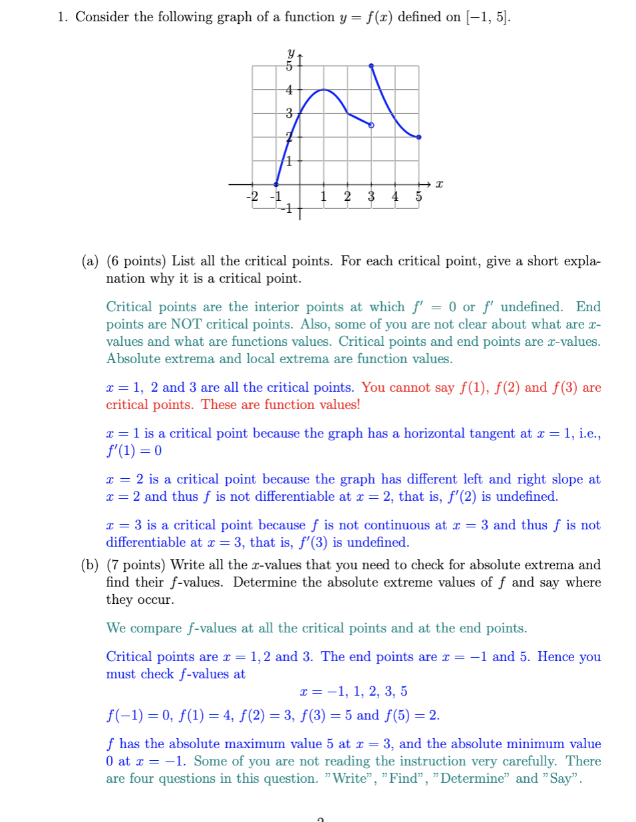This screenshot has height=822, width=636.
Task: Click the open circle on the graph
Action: [x=371, y=125]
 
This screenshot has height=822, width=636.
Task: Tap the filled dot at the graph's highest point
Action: [x=371, y=66]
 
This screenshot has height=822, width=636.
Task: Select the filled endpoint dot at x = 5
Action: [x=418, y=137]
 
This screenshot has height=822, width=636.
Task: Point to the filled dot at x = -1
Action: [x=277, y=184]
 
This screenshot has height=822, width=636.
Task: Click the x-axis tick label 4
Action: [x=395, y=196]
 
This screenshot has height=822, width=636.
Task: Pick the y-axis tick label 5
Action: [x=289, y=66]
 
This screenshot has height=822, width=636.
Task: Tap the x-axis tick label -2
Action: [x=252, y=196]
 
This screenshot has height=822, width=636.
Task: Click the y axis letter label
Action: [x=291, y=52]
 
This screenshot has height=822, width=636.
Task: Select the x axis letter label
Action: [x=439, y=184]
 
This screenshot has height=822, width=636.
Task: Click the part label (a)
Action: [x=90, y=261]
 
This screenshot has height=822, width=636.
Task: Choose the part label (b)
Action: [x=90, y=565]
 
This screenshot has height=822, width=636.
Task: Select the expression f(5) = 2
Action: [x=412, y=715]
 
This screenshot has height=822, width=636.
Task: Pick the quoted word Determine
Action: [x=470, y=778]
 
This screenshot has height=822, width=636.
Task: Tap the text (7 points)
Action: [x=136, y=565]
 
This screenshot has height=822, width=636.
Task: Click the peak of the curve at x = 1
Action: [x=324, y=89]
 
